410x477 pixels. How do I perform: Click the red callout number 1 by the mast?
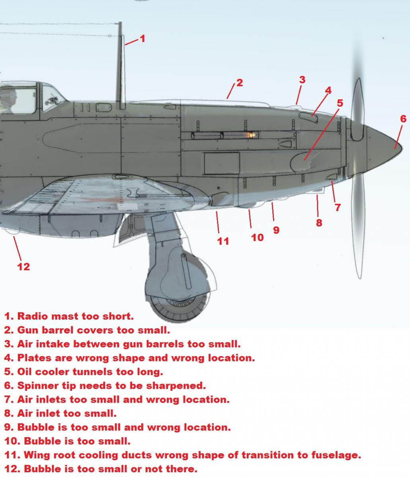coord(143,39)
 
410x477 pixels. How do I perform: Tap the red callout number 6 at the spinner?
coord(403,119)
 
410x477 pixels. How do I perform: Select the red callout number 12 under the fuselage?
coord(23,267)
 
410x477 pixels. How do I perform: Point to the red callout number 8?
coord(319,223)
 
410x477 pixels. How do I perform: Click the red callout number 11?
coord(223,241)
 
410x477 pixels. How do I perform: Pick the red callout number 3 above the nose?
coord(302,80)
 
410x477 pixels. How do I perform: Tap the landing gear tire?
coord(178,307)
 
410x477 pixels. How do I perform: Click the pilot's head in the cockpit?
coord(9,95)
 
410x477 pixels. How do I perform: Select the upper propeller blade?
coord(357,109)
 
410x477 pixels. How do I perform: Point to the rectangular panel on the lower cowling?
coord(222,163)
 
